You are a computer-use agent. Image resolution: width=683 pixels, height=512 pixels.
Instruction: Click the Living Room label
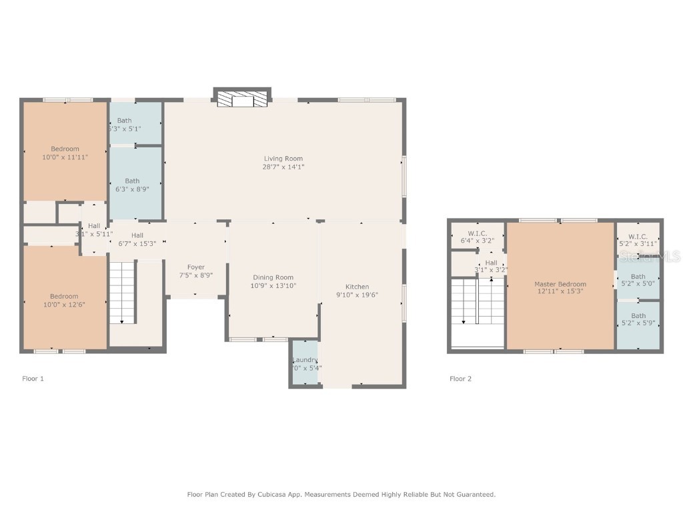coord(283,159)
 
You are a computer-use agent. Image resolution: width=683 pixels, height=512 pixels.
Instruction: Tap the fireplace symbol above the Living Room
coord(241,99)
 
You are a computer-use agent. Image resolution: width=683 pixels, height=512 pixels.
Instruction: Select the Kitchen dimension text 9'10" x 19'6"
coord(357,295)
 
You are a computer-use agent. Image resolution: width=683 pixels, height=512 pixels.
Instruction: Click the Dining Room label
coord(273,277)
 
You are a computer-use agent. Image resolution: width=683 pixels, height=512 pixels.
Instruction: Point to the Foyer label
coord(195,267)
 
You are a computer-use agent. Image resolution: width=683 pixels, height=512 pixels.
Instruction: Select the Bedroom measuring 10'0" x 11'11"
coord(65,153)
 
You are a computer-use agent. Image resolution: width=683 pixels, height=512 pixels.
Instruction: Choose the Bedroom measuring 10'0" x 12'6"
coord(64,300)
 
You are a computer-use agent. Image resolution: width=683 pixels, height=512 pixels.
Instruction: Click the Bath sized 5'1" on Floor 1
coord(134,124)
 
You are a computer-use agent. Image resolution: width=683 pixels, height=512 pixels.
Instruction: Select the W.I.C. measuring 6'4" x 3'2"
coord(477,237)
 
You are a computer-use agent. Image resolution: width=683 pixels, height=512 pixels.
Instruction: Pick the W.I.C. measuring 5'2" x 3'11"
coord(638,240)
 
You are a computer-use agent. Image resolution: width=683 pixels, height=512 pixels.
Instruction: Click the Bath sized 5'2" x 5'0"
coord(638,280)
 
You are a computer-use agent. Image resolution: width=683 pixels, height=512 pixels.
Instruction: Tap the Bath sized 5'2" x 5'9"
coord(638,319)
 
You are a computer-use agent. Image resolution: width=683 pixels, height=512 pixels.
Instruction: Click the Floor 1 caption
coord(33,379)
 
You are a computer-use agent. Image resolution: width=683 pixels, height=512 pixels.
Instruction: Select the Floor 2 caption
coord(460,379)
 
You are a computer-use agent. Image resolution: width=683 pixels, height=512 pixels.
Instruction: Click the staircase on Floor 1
coord(122,293)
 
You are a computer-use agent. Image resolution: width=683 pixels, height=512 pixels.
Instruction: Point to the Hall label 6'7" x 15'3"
coord(137,239)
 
